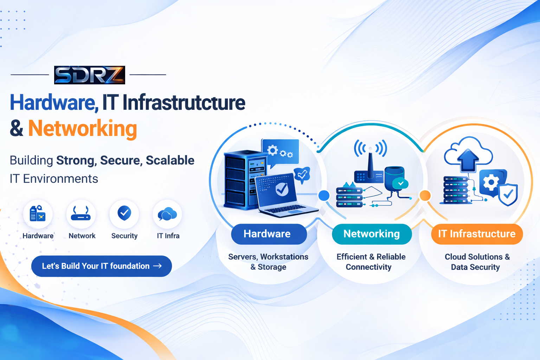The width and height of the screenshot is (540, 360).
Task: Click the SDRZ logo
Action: coord(90,75)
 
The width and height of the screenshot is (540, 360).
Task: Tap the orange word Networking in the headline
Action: coord(83,129)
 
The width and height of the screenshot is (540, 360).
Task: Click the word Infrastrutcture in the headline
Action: coord(184,103)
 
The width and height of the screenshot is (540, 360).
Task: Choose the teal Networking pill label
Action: coord(372,234)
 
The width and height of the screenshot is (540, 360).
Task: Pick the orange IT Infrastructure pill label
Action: coord(477,234)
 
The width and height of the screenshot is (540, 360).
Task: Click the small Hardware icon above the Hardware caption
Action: coord(38,213)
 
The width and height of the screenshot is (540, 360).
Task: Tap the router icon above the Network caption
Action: coord(81,213)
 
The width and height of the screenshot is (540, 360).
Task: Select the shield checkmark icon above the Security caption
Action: coord(124,213)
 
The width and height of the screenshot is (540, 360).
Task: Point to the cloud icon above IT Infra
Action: coord(167,214)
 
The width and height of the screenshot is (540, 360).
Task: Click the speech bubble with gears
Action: coord(280,152)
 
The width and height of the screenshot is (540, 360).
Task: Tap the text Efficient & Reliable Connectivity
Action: coord(371,262)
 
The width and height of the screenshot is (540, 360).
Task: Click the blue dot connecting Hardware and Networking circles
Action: coord(324,195)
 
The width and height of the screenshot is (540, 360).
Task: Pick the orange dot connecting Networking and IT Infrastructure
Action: coord(425,195)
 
